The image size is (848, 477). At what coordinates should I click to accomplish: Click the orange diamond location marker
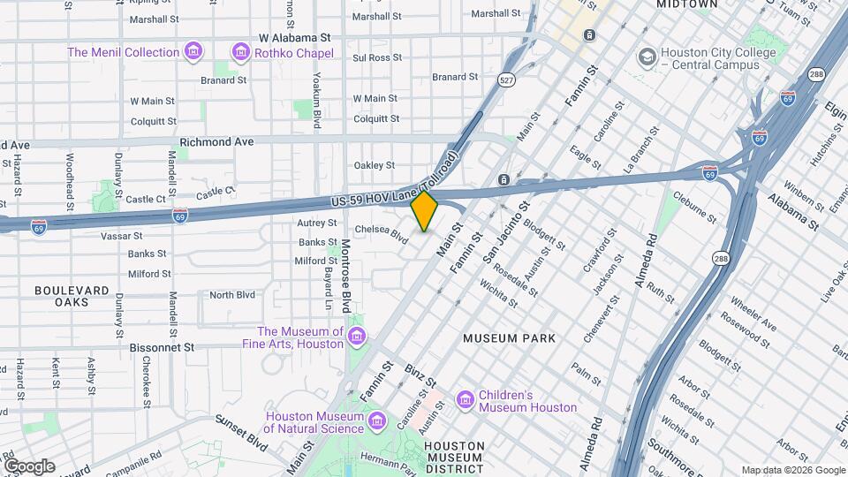pyautogui.click(x=424, y=211)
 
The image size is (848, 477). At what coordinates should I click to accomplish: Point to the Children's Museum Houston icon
pyautogui.click(x=465, y=401)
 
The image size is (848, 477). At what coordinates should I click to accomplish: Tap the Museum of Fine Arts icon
pyautogui.click(x=357, y=337)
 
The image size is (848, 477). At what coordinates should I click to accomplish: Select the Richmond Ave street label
pyautogui.click(x=216, y=141)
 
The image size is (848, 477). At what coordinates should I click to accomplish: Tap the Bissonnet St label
pyautogui.click(x=162, y=347)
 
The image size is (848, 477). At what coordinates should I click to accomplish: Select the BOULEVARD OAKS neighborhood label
pyautogui.click(x=72, y=296)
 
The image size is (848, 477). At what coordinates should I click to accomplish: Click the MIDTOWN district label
pyautogui.click(x=686, y=4)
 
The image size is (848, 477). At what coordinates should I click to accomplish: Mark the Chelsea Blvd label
pyautogui.click(x=382, y=232)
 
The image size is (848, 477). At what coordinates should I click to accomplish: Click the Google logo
pyautogui.click(x=29, y=466)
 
